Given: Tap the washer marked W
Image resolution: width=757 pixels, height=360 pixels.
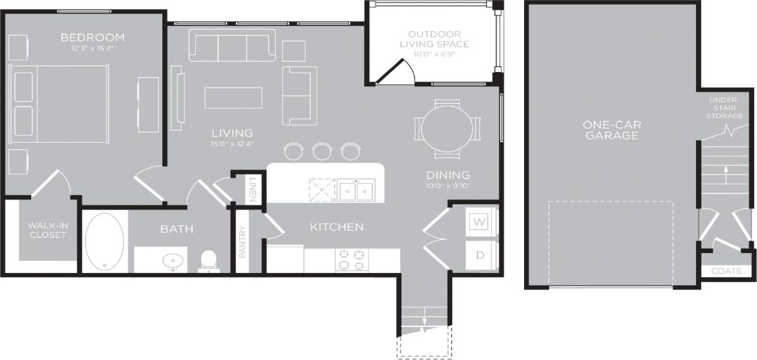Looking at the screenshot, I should (x=480, y=222).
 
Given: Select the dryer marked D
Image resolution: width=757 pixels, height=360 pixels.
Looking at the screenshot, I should (x=480, y=255).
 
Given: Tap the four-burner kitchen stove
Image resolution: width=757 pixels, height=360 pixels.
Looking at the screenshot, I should (x=352, y=260).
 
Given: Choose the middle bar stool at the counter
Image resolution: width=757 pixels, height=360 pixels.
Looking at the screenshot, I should (x=322, y=151).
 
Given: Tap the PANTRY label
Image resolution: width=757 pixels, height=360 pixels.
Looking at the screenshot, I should (x=243, y=241).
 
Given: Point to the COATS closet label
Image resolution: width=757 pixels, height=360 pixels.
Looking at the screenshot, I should (x=727, y=271).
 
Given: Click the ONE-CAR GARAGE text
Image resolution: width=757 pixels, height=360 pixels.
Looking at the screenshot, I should (x=610, y=130).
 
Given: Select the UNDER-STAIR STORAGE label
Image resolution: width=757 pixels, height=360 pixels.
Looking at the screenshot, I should (x=726, y=108).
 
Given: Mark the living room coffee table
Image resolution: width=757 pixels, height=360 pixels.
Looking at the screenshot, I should (x=234, y=97).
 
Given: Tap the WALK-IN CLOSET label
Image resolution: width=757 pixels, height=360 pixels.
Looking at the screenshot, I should (x=47, y=230).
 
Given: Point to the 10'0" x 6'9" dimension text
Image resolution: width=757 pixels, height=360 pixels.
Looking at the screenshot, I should (x=435, y=54).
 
